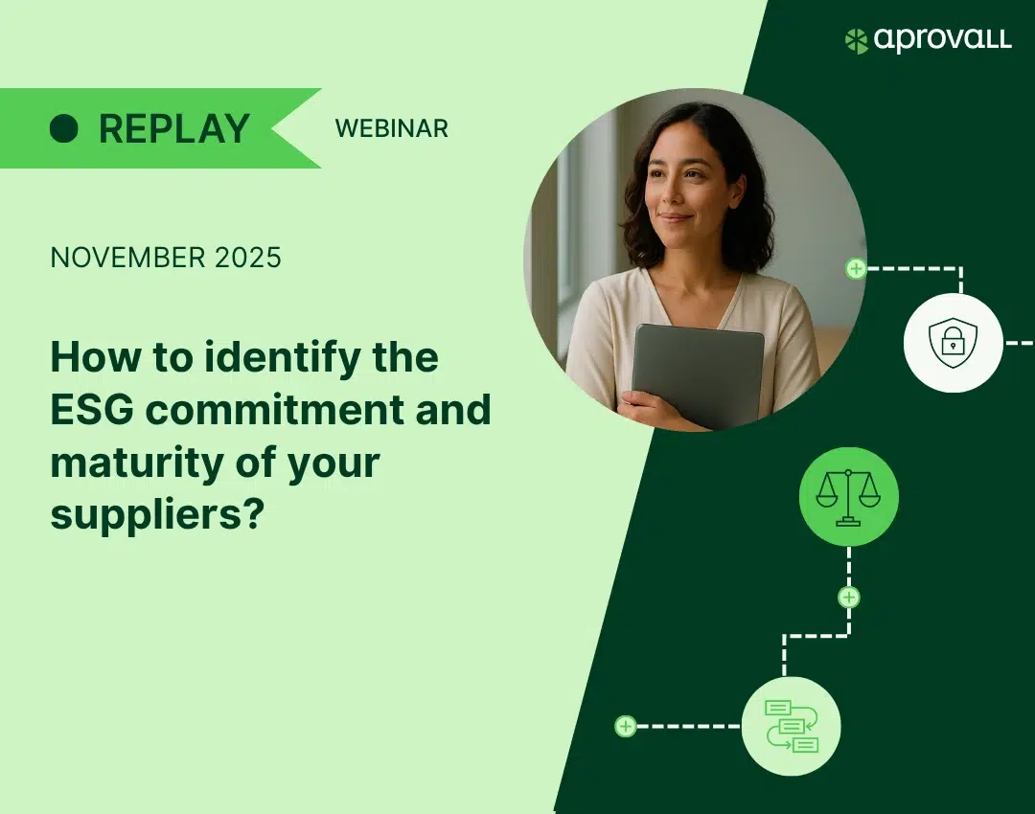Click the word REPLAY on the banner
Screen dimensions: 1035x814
click(174, 128)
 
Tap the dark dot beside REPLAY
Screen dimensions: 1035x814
click(64, 128)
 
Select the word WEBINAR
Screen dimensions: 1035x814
click(391, 128)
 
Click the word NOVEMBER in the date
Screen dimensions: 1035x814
click(128, 258)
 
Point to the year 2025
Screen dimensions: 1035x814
click(248, 258)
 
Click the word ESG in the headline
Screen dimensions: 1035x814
click(92, 410)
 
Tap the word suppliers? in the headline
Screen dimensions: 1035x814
click(157, 515)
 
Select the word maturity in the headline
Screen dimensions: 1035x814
click(137, 464)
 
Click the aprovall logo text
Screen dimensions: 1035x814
click(943, 39)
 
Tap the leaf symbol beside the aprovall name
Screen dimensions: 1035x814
click(856, 41)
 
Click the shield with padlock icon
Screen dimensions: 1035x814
click(954, 343)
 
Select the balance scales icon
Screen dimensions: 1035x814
click(848, 497)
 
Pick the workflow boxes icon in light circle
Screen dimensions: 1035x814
click(792, 726)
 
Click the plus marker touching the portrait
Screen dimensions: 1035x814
click(856, 268)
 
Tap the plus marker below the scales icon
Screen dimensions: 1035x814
click(849, 598)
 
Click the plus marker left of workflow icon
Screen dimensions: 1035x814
click(625, 726)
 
